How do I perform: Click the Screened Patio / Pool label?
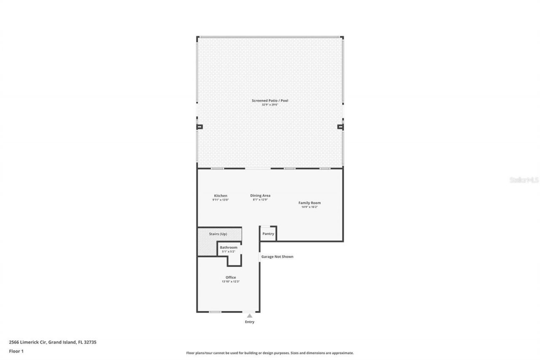click(270, 100)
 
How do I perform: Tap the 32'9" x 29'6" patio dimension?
click(270, 105)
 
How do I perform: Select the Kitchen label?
click(221, 195)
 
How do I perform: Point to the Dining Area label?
click(260, 195)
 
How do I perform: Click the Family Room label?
click(310, 203)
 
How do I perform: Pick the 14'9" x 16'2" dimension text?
click(310, 207)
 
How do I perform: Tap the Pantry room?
click(268, 234)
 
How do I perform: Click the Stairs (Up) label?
click(218, 234)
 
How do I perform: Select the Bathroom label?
click(228, 247)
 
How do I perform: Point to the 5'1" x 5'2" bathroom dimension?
click(228, 252)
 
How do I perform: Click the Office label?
click(231, 277)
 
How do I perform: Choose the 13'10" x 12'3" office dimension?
click(231, 282)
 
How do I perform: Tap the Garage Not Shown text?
click(277, 257)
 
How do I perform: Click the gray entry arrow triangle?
click(250, 315)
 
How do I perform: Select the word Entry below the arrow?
click(250, 322)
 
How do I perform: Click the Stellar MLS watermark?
click(524, 180)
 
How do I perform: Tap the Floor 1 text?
click(16, 351)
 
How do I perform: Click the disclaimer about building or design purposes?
click(270, 353)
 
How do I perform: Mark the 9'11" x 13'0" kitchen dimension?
click(221, 200)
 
